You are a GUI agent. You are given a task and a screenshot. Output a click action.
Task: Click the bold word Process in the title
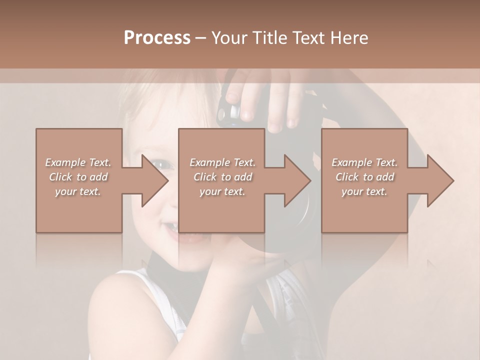[157, 38]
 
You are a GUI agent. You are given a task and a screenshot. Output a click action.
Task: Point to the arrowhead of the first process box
[155, 180]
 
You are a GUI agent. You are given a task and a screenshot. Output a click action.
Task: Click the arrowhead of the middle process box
[298, 180]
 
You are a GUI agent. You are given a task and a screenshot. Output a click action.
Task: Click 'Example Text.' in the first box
[78, 162]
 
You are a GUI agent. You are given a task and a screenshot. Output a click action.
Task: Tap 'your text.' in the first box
[78, 191]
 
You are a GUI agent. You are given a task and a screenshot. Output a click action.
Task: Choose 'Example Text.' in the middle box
[222, 162]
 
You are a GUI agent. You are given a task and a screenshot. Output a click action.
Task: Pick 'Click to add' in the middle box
[222, 177]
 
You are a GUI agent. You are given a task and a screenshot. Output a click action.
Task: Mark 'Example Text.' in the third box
[364, 162]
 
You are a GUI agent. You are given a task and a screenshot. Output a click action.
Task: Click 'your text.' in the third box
[364, 191]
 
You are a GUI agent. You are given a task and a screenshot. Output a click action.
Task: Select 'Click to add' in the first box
[78, 177]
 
